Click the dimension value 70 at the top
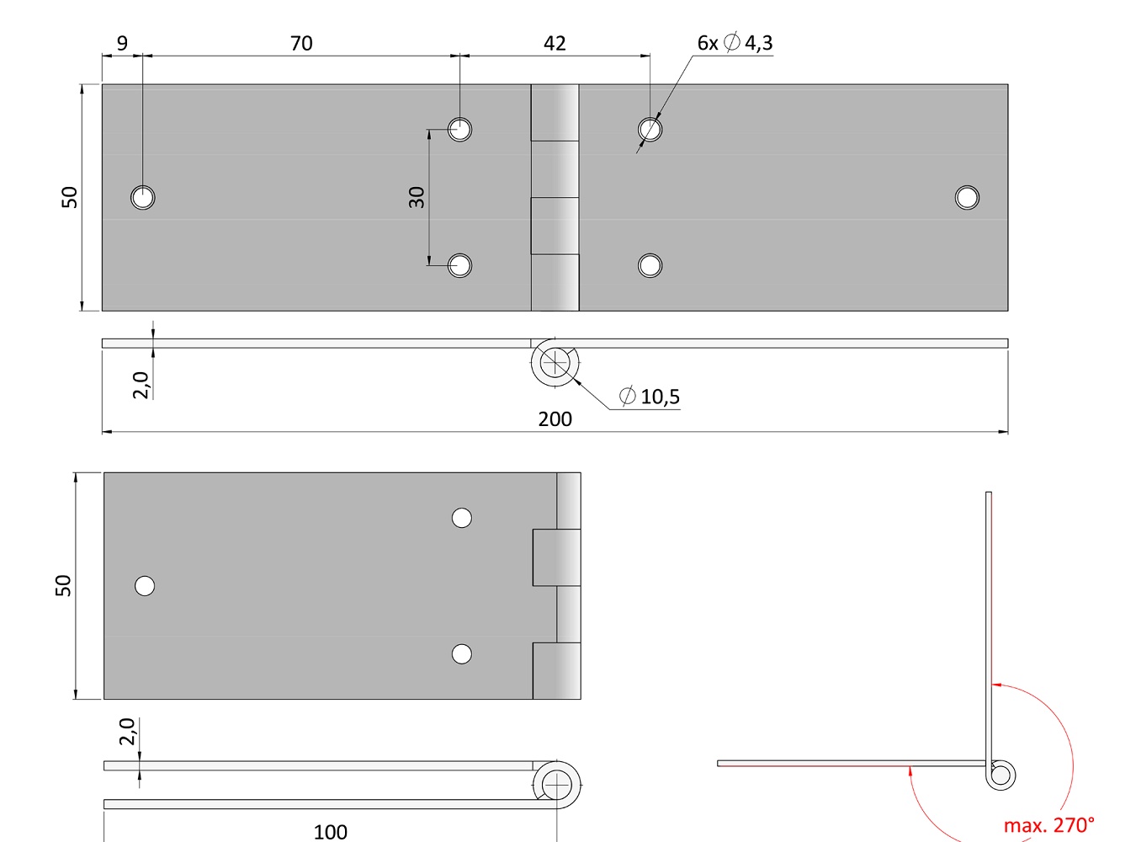301,43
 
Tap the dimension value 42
555,43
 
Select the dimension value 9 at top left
123,43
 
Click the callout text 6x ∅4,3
735,43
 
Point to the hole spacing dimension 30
417,198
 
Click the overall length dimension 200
555,418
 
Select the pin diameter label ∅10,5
650,397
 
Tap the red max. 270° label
1048,825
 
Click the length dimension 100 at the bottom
330,832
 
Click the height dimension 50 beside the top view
69,198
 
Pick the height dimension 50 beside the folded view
63,586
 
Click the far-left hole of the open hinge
143,198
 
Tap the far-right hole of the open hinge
967,198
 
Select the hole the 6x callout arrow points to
650,130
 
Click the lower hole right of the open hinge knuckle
650,266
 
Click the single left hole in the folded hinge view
145,586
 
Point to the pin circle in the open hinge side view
555,364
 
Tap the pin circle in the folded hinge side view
557,785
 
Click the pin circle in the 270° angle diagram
1001,775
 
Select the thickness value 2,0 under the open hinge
141,385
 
